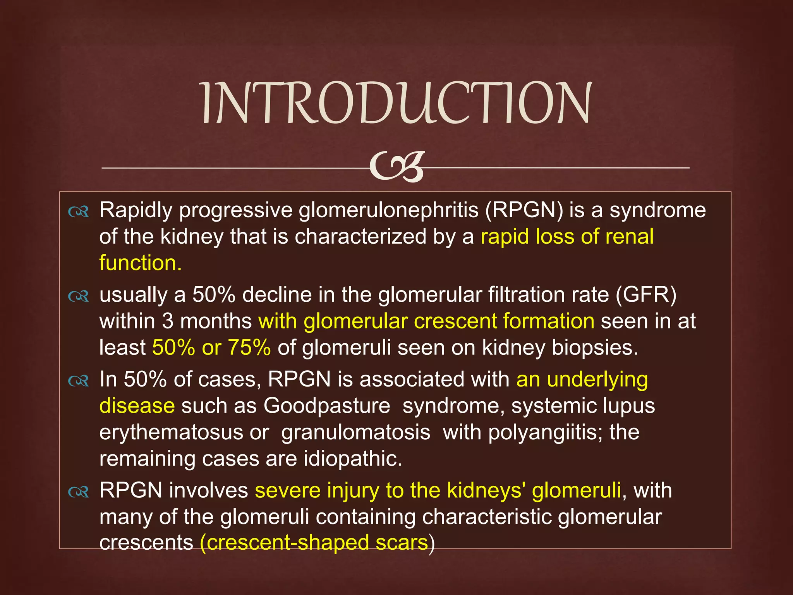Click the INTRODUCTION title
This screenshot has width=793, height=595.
click(x=396, y=103)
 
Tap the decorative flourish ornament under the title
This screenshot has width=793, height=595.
click(x=396, y=167)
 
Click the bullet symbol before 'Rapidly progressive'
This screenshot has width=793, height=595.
click(x=79, y=212)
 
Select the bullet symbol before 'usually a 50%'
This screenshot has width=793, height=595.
click(x=79, y=296)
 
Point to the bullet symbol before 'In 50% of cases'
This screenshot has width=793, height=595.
click(x=79, y=381)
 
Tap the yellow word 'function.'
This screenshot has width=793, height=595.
click(x=140, y=263)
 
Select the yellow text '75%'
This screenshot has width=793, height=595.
click(x=249, y=347)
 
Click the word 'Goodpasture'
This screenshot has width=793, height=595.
click(x=327, y=406)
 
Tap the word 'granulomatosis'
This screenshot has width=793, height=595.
click(x=355, y=433)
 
